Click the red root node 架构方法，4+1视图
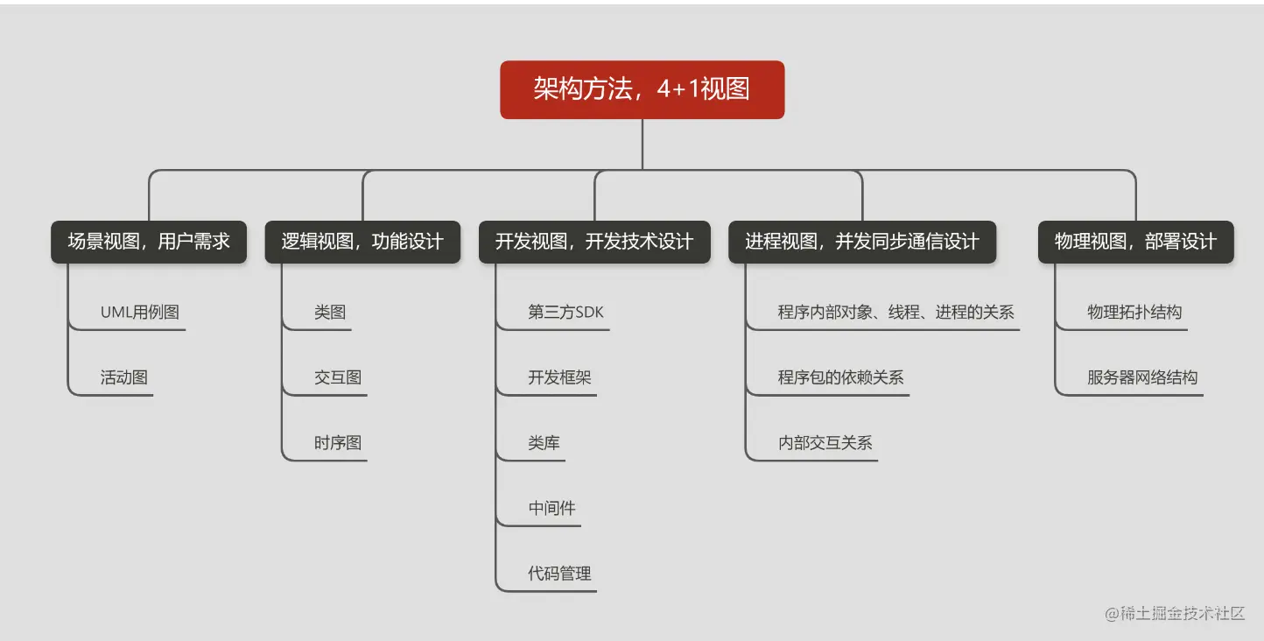click(x=642, y=89)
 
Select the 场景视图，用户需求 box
click(x=149, y=242)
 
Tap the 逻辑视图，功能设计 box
click(x=362, y=242)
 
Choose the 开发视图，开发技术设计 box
click(x=594, y=242)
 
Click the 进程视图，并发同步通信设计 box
click(x=862, y=242)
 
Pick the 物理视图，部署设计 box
click(x=1135, y=242)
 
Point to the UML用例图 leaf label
click(x=140, y=312)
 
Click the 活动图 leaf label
click(x=124, y=377)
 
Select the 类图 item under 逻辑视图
click(x=330, y=312)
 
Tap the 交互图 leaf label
click(x=338, y=377)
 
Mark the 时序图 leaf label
click(x=338, y=443)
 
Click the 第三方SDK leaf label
click(x=565, y=312)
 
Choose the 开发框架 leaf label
click(x=559, y=377)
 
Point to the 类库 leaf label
click(x=544, y=443)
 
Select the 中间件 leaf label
click(x=551, y=508)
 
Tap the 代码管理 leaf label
click(x=559, y=574)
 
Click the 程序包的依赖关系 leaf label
click(x=840, y=377)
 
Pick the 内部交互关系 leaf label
click(x=825, y=443)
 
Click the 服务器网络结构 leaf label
click(x=1142, y=377)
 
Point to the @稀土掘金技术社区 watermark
click(x=1175, y=613)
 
